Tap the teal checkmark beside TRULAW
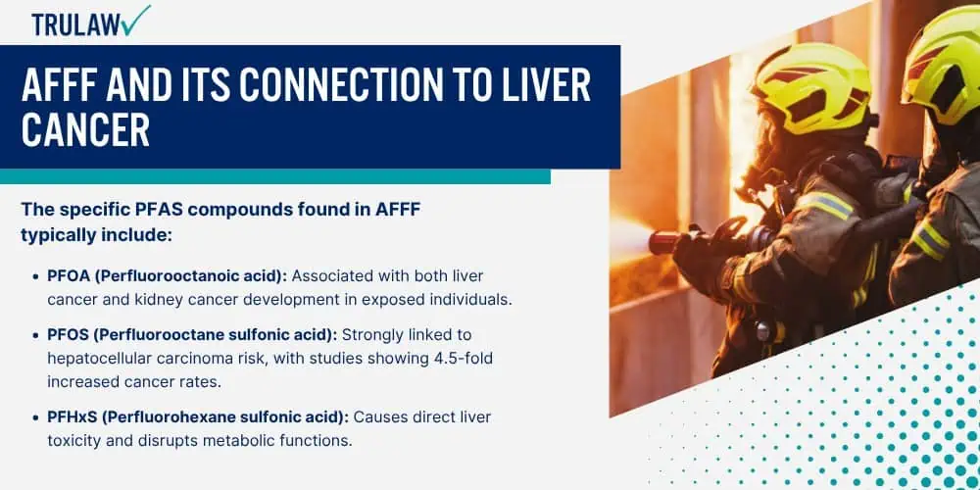[137, 20]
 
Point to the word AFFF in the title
[58, 86]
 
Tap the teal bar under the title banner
[275, 176]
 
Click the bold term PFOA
[66, 276]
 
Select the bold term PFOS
[66, 335]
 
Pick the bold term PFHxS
[70, 416]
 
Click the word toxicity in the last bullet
[72, 441]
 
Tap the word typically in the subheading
[53, 237]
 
